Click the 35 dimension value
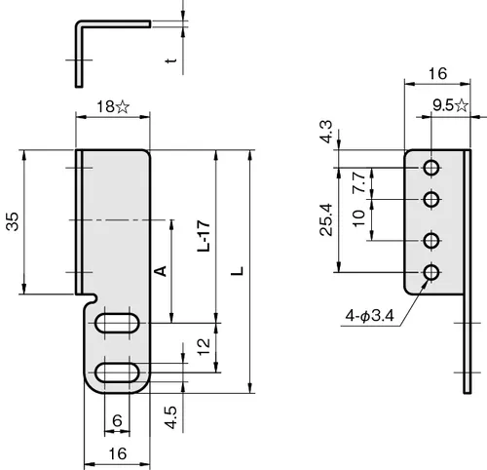coord(13,221)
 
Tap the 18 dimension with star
coord(113,106)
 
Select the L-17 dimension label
coord(204,236)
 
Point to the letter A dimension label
coord(161,271)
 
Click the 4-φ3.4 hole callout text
coord(369,315)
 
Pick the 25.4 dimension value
coord(326,219)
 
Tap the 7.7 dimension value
coord(359,182)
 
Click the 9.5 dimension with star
coord(451,105)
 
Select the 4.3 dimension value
coord(326,132)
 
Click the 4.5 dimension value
coord(170,417)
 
